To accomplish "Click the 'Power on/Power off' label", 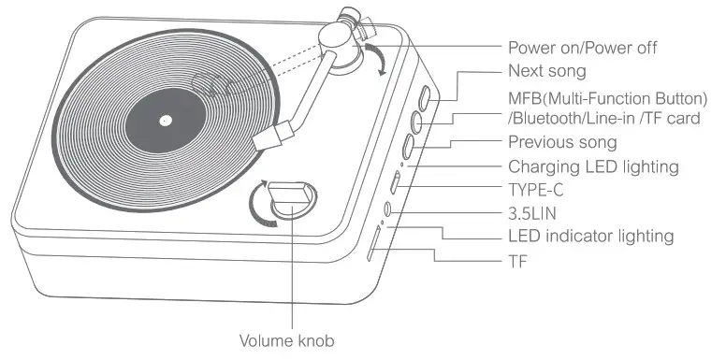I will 583,48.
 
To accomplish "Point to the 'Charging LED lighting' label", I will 591,166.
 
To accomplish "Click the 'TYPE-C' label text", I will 538,190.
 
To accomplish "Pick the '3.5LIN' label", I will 535,213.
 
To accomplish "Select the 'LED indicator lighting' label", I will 589,237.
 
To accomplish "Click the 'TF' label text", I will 517,261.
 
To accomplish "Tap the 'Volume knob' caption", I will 285,341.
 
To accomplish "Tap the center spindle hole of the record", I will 165,120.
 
